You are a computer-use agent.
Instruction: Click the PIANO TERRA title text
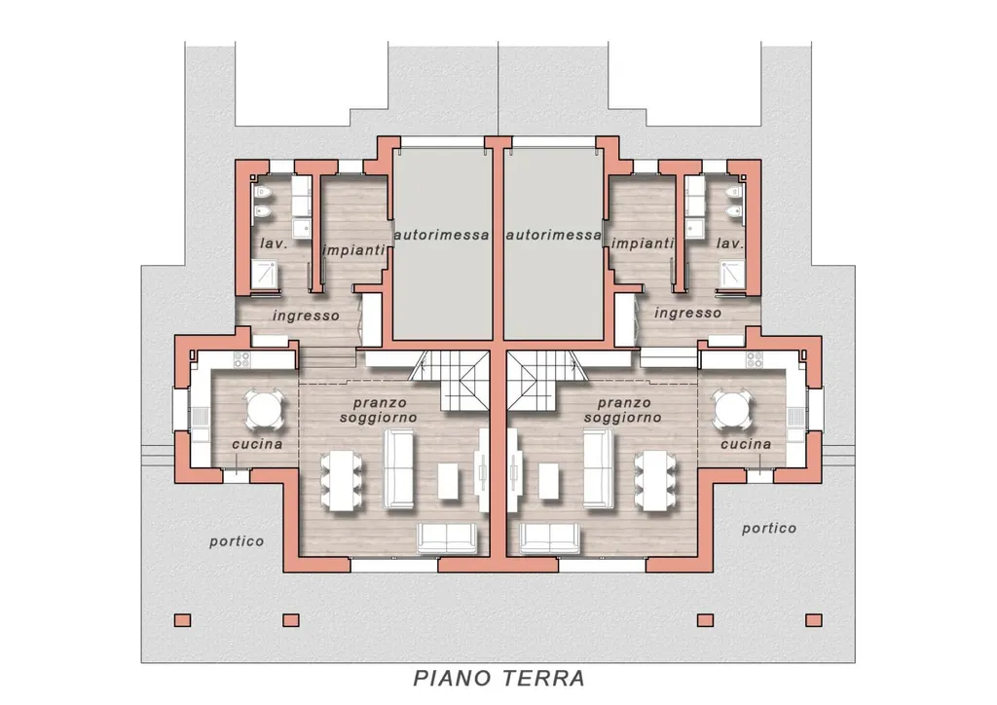pyautogui.click(x=498, y=679)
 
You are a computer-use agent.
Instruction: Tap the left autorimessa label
pyautogui.click(x=442, y=236)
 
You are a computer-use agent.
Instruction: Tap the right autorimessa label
pyautogui.click(x=554, y=236)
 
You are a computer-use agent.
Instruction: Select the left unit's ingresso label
pyautogui.click(x=306, y=315)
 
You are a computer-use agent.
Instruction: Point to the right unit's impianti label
pyautogui.click(x=643, y=243)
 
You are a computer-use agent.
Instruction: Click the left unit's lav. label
pyautogui.click(x=274, y=243)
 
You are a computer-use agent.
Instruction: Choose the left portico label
pyautogui.click(x=237, y=541)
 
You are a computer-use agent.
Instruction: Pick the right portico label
pyautogui.click(x=769, y=529)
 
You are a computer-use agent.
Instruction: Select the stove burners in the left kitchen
pyautogui.click(x=241, y=360)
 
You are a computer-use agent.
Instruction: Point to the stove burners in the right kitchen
pyautogui.click(x=755, y=360)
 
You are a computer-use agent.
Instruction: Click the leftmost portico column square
pyautogui.click(x=182, y=620)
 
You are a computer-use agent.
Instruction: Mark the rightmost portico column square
pyautogui.click(x=814, y=620)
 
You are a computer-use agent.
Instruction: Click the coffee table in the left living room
pyautogui.click(x=448, y=481)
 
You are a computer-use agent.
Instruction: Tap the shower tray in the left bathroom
pyautogui.click(x=265, y=274)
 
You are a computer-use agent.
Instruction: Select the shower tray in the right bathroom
pyautogui.click(x=732, y=274)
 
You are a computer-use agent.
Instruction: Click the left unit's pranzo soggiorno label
pyautogui.click(x=379, y=411)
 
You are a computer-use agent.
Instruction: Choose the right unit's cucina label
pyautogui.click(x=746, y=444)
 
